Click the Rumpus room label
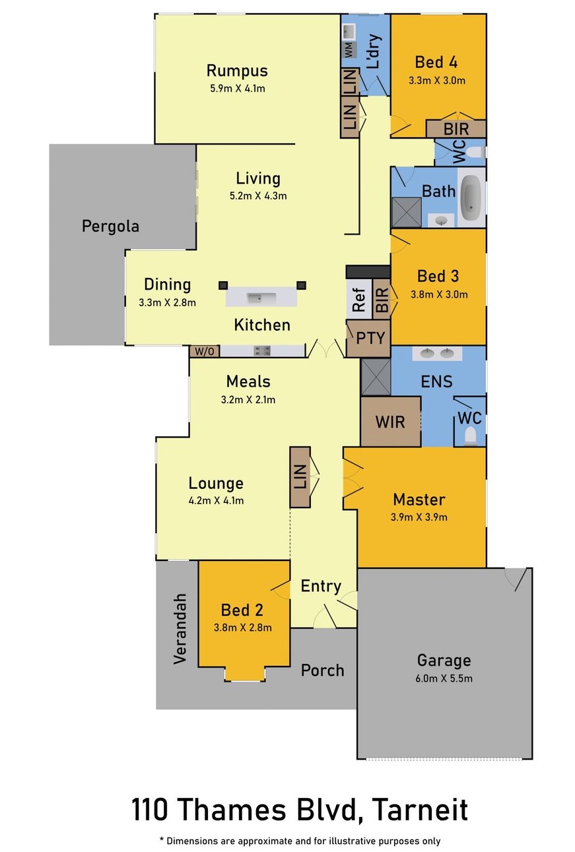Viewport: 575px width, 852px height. pos(236,71)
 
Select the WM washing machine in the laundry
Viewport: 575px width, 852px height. pos(349,49)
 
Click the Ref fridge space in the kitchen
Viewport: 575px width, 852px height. pos(358,301)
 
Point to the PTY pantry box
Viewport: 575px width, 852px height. pos(370,338)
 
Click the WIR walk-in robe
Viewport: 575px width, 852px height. pos(390,421)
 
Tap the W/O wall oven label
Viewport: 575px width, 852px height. pos(205,352)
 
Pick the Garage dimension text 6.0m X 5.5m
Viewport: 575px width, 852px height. pos(444,678)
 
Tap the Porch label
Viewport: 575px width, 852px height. pos(323,671)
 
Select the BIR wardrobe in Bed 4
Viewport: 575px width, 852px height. pos(456,128)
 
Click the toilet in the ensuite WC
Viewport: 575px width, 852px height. pos(470,436)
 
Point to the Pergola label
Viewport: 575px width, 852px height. pos(110,226)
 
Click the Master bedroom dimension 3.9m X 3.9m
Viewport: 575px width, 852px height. pos(419,517)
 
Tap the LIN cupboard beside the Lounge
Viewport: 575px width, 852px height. pos(300,477)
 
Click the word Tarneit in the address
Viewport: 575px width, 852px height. pos(417,809)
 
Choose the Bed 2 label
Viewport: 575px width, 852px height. pos(242,610)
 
